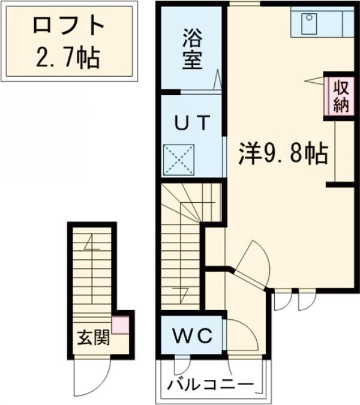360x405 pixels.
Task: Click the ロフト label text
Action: (68, 26)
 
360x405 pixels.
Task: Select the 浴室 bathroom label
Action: (193, 50)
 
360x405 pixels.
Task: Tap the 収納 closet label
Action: (341, 95)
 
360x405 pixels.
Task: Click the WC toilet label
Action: (193, 337)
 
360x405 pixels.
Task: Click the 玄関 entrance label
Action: (92, 338)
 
